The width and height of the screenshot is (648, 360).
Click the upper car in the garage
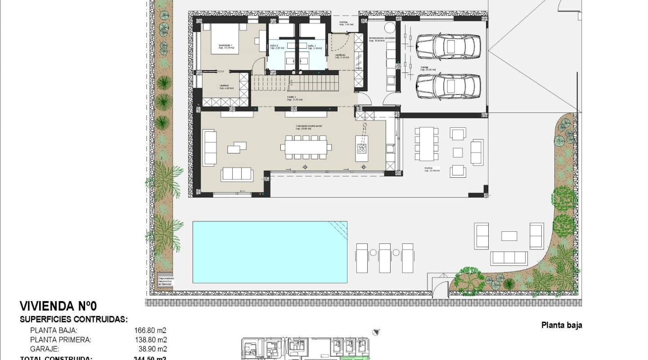(449, 46)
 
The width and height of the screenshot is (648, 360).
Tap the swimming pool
(270, 252)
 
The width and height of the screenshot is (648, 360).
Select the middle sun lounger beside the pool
(385, 258)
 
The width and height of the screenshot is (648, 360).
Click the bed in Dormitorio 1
(228, 39)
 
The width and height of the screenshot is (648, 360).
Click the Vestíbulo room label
(341, 56)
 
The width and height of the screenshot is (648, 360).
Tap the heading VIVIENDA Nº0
(58, 306)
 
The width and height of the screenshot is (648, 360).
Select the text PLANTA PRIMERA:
(60, 340)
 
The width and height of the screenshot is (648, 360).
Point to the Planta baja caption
(561, 325)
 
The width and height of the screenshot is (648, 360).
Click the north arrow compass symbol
(376, 332)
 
